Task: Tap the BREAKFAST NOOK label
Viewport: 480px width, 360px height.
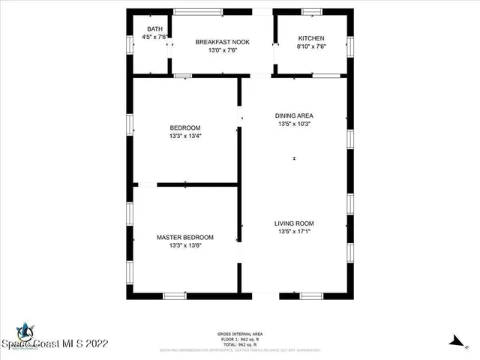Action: [222, 42]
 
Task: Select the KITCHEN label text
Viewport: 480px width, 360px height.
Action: [311, 38]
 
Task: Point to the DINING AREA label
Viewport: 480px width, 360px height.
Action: [294, 115]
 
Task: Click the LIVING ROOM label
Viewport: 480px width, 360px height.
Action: [294, 223]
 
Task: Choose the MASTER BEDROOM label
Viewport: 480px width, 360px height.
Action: [185, 237]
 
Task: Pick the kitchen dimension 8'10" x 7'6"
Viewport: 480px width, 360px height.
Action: [311, 47]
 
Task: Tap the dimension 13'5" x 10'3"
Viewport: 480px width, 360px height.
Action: [294, 124]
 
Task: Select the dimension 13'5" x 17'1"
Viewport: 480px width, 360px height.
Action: [294, 232]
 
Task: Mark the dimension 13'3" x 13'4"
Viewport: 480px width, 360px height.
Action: [185, 136]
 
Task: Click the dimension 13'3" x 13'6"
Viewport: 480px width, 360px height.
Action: [185, 246]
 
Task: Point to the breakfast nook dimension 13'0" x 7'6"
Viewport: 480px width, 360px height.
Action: [222, 51]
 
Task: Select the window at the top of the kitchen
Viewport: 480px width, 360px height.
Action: [312, 11]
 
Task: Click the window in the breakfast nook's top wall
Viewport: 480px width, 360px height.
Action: [198, 11]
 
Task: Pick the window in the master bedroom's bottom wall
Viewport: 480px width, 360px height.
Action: [175, 295]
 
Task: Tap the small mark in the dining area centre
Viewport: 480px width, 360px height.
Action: [294, 159]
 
